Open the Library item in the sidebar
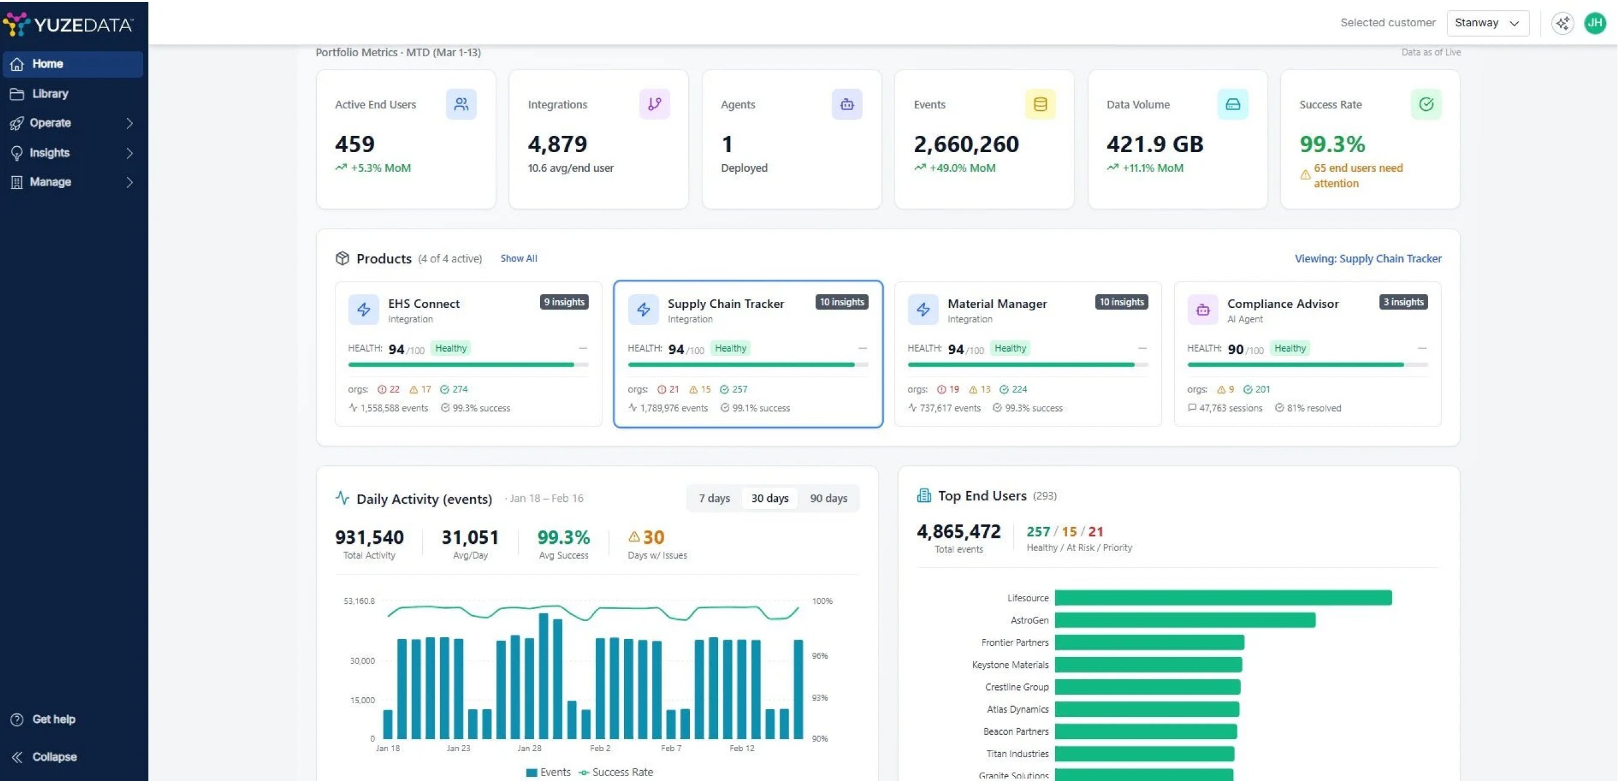(50, 93)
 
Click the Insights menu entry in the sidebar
(50, 153)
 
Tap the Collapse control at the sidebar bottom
(54, 756)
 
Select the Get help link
(53, 719)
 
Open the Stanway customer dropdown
(1487, 23)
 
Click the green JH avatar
(1595, 23)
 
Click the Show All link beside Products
(518, 258)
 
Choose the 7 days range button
(714, 498)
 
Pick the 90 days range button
(829, 498)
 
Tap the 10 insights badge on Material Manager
(1121, 302)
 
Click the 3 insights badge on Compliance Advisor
(1403, 302)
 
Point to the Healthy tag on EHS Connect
(450, 348)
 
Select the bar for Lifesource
(1223, 598)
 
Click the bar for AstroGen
(1184, 620)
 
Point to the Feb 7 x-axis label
(671, 747)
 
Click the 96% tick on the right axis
(820, 655)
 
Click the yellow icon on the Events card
(1040, 104)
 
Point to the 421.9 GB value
(1155, 144)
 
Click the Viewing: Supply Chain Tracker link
(1368, 258)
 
